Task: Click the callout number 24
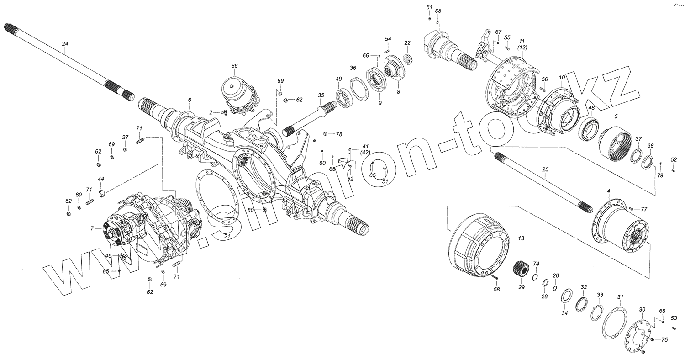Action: tap(65, 44)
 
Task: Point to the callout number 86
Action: tap(234, 66)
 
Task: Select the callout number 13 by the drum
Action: tap(521, 238)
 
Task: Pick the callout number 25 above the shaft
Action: tap(544, 169)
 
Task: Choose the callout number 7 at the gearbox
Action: tap(92, 228)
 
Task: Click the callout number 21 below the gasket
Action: tap(227, 236)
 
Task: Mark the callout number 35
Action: tap(321, 95)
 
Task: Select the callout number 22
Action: tap(407, 43)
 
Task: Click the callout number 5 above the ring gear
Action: tap(616, 116)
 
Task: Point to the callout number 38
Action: tap(650, 146)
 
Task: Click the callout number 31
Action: tap(620, 297)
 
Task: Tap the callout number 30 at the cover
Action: tap(642, 309)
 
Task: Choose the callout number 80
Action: tap(250, 210)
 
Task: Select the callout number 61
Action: tap(429, 7)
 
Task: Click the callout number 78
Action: tap(338, 134)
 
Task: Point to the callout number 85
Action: tap(105, 271)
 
